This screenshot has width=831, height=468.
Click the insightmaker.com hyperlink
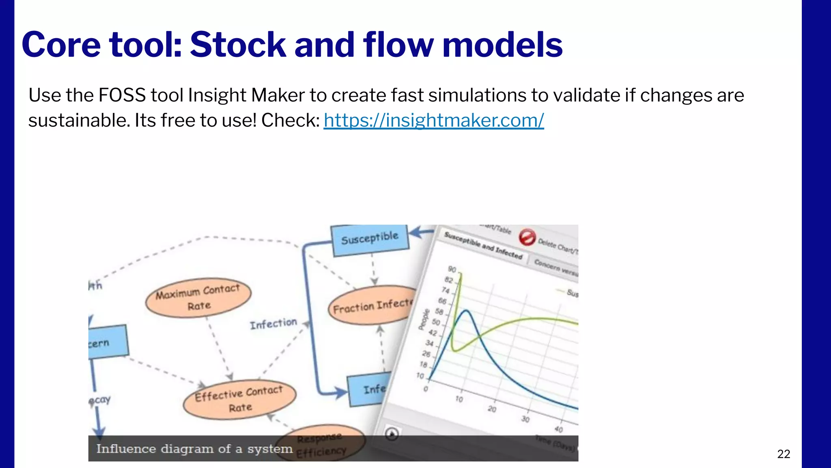click(x=433, y=120)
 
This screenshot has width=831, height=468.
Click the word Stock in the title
click(x=238, y=45)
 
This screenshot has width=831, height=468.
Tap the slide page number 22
click(x=783, y=454)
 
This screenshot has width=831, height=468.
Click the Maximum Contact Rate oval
click(x=198, y=298)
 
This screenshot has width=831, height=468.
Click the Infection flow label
click(x=273, y=324)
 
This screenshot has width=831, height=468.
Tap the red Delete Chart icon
click(x=527, y=237)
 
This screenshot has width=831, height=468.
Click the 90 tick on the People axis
click(x=452, y=269)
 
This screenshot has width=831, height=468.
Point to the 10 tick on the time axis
click(x=459, y=399)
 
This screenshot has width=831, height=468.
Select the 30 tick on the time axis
click(x=525, y=419)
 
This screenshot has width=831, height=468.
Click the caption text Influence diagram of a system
click(x=194, y=449)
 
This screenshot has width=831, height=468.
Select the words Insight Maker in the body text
click(x=246, y=95)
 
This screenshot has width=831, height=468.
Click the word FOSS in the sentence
click(x=122, y=95)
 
